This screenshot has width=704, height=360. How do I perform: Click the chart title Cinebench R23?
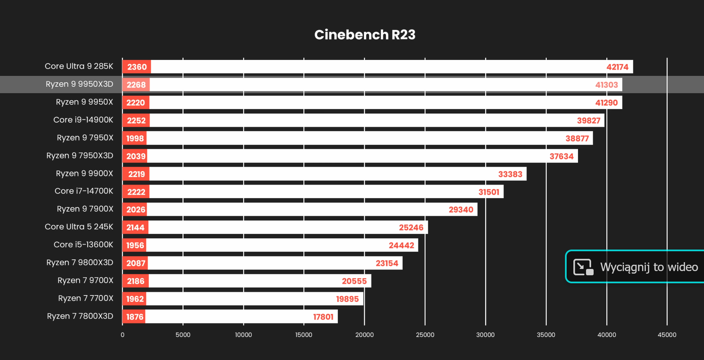point(365,35)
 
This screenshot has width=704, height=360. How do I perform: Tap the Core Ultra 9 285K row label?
point(79,66)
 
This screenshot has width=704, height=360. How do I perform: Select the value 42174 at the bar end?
point(617,67)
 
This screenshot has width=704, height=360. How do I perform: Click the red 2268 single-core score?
point(136,85)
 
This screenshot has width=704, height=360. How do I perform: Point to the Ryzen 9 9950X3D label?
point(79,84)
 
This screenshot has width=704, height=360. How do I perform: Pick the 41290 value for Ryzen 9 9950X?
point(606,102)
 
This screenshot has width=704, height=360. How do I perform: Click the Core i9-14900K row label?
point(83,120)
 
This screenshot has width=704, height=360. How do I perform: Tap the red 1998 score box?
point(135,138)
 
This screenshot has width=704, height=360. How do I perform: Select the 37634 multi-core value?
point(561,156)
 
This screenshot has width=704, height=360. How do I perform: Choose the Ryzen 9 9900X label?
point(84,173)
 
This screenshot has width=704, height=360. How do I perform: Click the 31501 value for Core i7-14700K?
point(489,192)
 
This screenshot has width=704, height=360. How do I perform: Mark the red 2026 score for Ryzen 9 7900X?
point(136,210)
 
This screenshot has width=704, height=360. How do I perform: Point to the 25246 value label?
point(411,228)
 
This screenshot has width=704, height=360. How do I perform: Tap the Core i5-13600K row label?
point(83,244)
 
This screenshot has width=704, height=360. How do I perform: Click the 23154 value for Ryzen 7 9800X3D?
point(387,263)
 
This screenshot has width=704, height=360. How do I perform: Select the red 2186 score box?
point(136,281)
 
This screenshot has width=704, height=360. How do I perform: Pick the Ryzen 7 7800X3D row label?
point(80,316)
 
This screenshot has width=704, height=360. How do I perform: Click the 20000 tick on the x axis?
point(364,335)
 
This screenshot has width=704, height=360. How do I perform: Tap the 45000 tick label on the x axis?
point(667,335)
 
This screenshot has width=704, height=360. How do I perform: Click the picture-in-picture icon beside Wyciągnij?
point(584,267)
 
